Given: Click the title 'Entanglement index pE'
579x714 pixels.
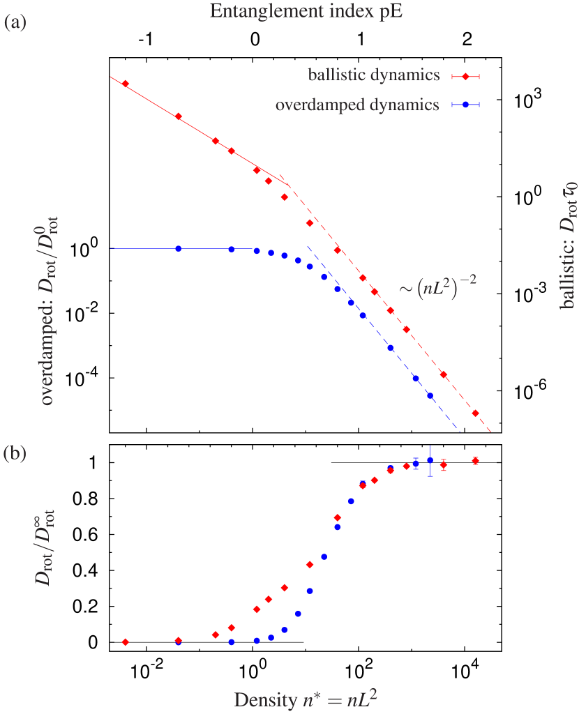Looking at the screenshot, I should (289, 10).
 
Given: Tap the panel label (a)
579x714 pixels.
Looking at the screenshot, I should (15, 23).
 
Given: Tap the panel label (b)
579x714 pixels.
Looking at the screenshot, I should (15, 454).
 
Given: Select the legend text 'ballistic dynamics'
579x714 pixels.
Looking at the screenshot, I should (374, 75).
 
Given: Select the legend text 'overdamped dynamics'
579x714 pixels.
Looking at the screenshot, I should (357, 105).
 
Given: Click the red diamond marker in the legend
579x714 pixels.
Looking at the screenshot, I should (465, 76).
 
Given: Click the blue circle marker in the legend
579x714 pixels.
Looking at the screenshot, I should (465, 105).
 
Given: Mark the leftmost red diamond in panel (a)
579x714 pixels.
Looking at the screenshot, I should (126, 84).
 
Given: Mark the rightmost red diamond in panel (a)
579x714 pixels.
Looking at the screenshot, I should (475, 413).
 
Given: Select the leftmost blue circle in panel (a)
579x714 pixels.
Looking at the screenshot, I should (179, 249).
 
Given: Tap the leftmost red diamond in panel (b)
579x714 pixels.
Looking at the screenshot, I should (126, 642).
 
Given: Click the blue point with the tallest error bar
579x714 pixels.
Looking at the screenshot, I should (430, 461).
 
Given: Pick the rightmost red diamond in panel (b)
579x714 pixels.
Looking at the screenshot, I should (475, 460).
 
